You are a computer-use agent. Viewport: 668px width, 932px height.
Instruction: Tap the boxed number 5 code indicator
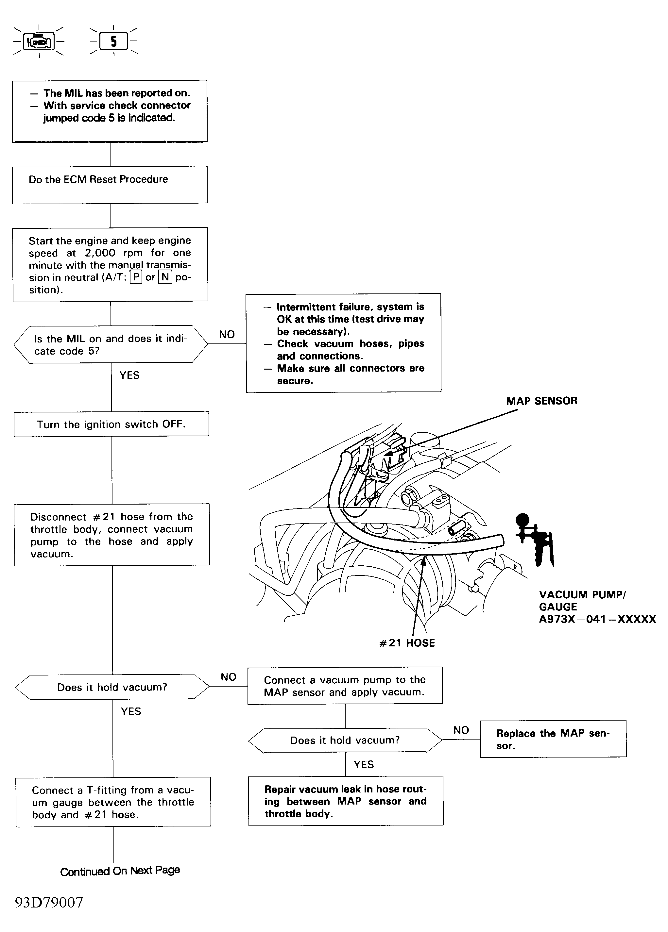[113, 42]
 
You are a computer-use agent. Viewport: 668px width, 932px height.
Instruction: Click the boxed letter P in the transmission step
[136, 277]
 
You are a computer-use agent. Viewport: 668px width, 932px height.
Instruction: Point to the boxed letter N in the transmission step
[165, 277]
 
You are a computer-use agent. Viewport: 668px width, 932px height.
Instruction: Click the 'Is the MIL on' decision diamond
[110, 344]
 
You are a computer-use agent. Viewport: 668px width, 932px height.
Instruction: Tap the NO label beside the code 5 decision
[227, 335]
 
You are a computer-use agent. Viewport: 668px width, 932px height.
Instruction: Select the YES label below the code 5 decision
[129, 375]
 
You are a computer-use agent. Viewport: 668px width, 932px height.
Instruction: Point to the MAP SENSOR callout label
[541, 401]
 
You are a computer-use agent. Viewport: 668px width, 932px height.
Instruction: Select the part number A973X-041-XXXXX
[597, 619]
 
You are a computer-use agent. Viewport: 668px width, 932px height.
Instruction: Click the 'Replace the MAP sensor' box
[553, 739]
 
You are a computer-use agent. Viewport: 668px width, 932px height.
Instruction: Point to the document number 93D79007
[49, 902]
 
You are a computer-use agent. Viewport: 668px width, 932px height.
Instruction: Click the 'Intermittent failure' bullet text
[350, 319]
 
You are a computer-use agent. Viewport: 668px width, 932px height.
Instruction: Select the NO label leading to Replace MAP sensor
[461, 730]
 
